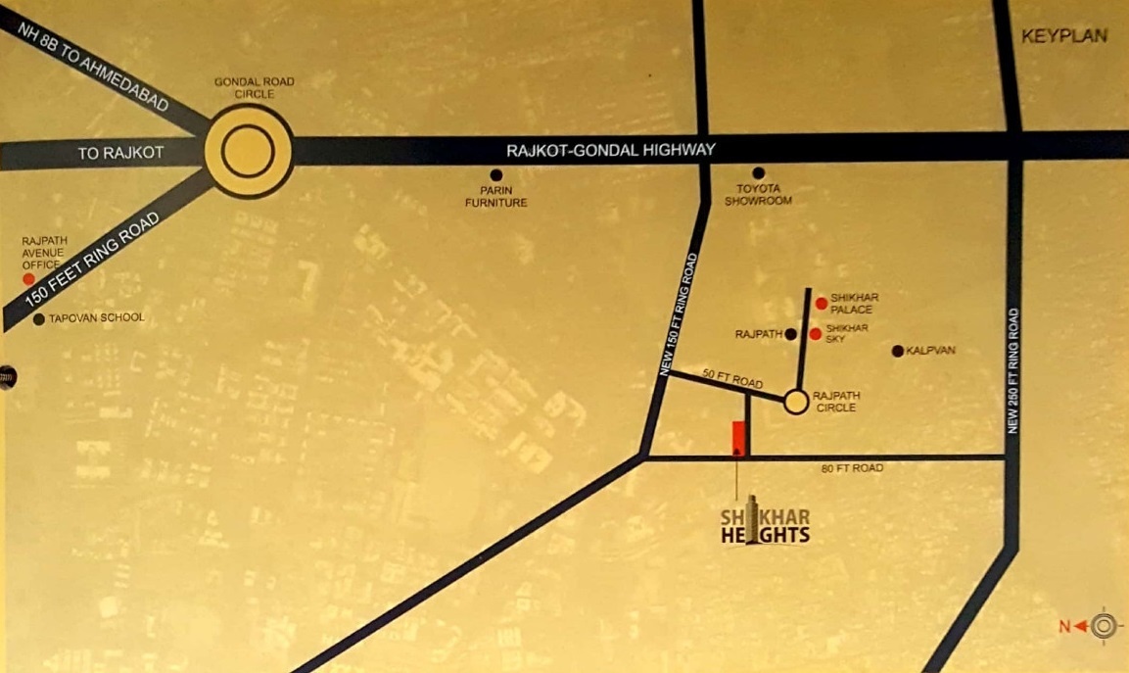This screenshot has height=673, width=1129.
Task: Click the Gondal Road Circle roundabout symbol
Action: click(248, 152)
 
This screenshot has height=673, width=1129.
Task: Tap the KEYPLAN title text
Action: click(1064, 36)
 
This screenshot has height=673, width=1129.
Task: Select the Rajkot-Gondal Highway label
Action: click(611, 151)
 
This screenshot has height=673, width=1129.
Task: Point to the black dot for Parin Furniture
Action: click(496, 173)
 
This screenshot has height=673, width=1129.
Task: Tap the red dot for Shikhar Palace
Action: click(821, 304)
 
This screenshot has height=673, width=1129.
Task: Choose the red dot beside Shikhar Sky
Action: click(815, 334)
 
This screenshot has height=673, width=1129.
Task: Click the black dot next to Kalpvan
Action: click(897, 351)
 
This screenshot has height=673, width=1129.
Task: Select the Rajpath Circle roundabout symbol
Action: click(796, 402)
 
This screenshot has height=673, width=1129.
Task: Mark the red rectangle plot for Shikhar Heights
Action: click(738, 439)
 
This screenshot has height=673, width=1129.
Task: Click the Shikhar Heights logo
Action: click(765, 522)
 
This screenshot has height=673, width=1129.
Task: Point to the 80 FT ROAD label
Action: click(852, 468)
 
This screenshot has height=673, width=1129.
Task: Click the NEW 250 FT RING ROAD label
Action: click(1013, 371)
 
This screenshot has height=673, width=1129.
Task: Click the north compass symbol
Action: click(1104, 624)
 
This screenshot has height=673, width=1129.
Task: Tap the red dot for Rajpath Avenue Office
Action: click(29, 279)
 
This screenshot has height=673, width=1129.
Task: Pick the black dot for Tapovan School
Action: click(38, 319)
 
